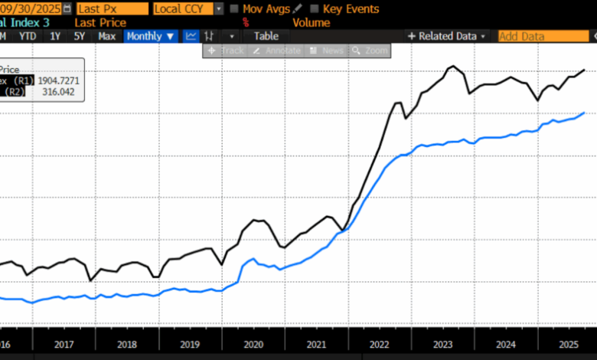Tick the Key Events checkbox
315,9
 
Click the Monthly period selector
151,36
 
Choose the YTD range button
28,36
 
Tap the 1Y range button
54,36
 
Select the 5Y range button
79,36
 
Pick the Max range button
107,36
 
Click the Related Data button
446,36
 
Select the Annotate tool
279,51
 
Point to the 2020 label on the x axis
253,345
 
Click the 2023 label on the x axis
442,345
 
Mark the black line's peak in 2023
452,67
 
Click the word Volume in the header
311,23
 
